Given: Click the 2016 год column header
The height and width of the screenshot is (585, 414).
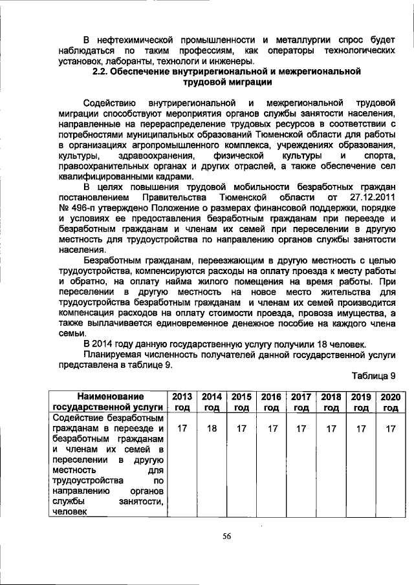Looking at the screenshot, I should coord(271,401).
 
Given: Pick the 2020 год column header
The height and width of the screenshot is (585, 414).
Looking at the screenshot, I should coord(389,401).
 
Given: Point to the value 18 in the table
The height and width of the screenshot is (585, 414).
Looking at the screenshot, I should coord(212,428).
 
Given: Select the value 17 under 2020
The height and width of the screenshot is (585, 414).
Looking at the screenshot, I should coord(389,428).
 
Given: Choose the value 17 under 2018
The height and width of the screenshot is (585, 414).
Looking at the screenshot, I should coord(331,428).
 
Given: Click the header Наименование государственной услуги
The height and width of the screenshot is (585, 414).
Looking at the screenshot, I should coord(108,401).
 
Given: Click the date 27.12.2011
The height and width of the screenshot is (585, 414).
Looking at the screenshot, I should coord(371,196).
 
